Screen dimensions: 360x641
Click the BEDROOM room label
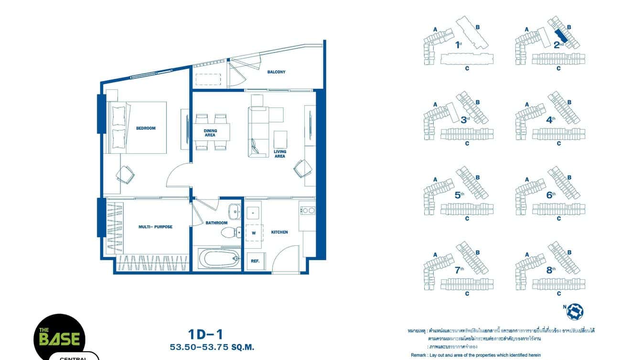[146, 128]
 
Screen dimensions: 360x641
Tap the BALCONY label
[276, 72]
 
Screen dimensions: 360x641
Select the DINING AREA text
[210, 133]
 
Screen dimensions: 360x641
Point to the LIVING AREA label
[279, 154]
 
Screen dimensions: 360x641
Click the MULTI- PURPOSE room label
[155, 227]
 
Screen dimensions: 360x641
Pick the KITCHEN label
[279, 232]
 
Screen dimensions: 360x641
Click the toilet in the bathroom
[232, 233]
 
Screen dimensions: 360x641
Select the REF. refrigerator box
[255, 261]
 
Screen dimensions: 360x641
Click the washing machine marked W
[254, 233]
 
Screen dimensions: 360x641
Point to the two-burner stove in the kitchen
[308, 210]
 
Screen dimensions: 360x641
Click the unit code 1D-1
[206, 334]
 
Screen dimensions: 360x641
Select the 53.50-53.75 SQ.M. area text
[212, 347]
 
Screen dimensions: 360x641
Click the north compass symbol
[575, 312]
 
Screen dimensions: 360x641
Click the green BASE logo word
[59, 339]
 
